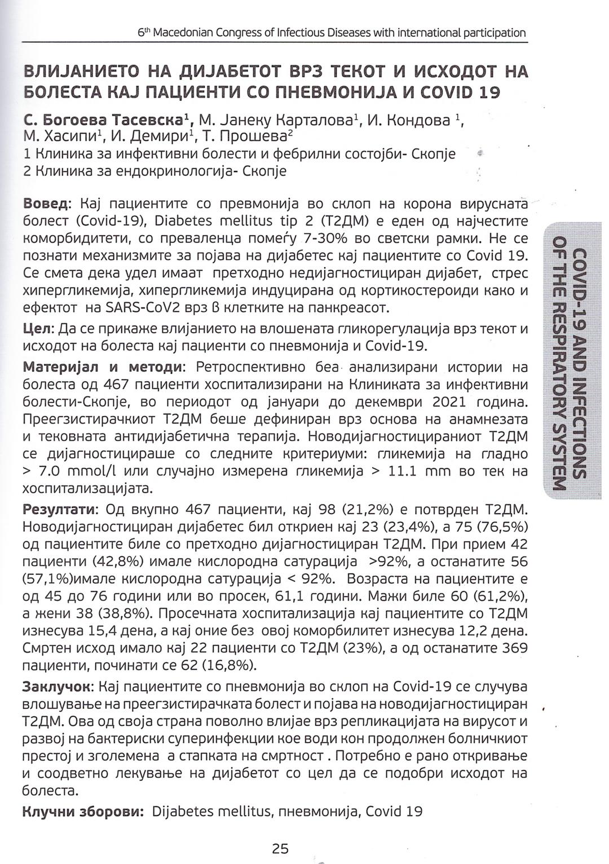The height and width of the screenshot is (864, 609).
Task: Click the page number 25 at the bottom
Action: (280, 848)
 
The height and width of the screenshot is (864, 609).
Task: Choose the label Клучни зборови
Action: (82, 812)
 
